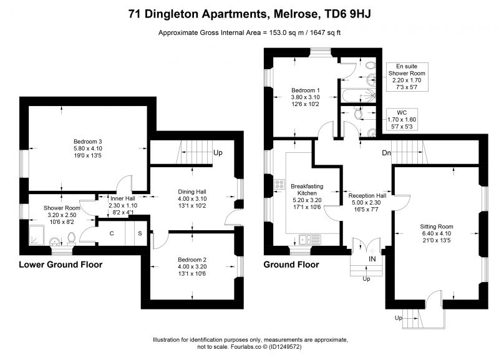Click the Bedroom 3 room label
point(87,142)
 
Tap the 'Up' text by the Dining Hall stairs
point(218,153)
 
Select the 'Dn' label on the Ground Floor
point(386,153)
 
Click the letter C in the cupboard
point(112,233)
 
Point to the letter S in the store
point(140,233)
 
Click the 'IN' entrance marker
point(372,259)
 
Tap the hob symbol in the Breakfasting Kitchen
point(279,184)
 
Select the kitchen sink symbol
point(309,240)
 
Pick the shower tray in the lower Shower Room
point(37,235)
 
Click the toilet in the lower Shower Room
point(72,239)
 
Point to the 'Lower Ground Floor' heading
point(61,265)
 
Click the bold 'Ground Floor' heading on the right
point(291,265)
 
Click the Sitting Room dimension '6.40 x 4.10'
point(436,233)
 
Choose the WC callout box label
point(402,120)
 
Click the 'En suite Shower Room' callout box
point(407,77)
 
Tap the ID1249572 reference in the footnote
point(285,347)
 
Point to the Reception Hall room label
point(367,196)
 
